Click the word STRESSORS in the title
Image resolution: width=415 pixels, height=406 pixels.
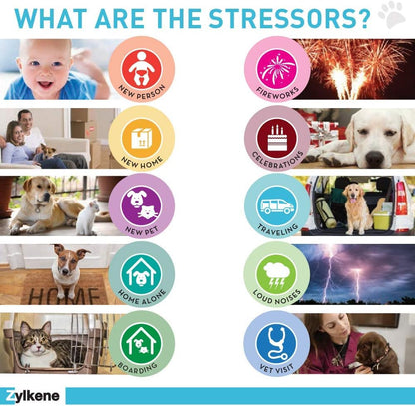pos(289,18)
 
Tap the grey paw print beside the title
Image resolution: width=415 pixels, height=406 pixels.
pos(392,15)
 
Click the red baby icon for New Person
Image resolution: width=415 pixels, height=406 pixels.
pos(142,68)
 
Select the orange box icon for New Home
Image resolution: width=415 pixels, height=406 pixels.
pos(142,138)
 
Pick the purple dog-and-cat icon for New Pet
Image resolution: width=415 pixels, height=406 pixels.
pos(142,205)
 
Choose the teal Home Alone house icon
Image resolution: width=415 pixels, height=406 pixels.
pos(142,274)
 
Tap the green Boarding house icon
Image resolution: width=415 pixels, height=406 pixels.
pos(142,343)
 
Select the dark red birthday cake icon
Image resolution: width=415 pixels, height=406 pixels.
pos(277,138)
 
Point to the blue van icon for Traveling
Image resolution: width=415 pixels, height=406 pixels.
pos(277,205)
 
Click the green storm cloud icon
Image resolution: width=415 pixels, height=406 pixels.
pos(277,274)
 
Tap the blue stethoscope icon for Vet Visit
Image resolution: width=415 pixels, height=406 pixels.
pos(277,343)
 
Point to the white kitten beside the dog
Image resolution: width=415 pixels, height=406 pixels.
pos(87,217)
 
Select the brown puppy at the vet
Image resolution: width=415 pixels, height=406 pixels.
pos(376,352)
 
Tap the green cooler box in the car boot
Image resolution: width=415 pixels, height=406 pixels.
pos(381,221)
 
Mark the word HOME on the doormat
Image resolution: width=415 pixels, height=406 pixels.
pos(64,296)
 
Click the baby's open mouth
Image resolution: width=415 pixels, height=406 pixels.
pos(45,84)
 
